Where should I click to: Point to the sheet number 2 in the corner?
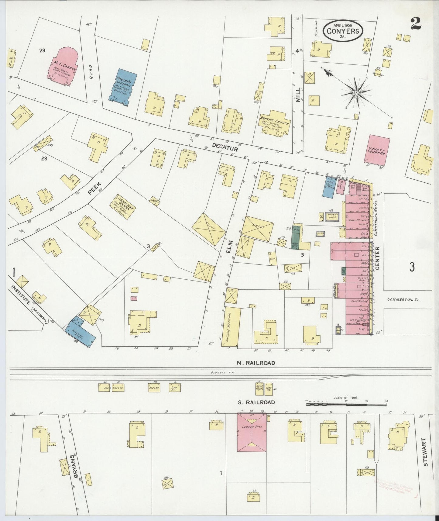[x=416, y=24]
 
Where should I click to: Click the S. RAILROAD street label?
[x=256, y=402]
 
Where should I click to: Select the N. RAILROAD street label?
[x=256, y=363]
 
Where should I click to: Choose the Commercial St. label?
[x=403, y=299]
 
